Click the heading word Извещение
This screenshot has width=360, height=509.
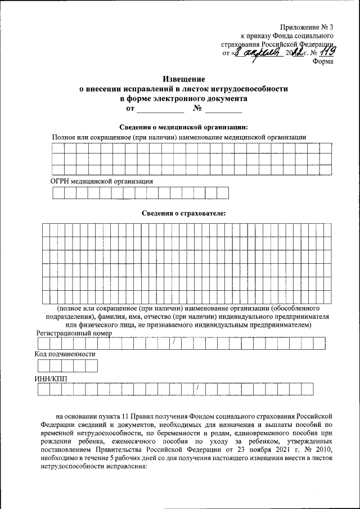[183, 79]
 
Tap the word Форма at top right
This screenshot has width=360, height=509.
[323, 62]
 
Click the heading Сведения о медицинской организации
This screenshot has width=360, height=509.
[183, 127]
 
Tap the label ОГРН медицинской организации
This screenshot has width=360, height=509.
[101, 181]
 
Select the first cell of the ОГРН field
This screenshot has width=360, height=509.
[58, 193]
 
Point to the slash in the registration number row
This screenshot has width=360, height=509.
[174, 343]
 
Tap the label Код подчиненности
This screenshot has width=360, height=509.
[65, 354]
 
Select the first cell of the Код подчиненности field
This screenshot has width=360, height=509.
[42, 366]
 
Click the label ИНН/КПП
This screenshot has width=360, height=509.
[51, 379]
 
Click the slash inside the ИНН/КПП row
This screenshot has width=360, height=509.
[197, 389]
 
